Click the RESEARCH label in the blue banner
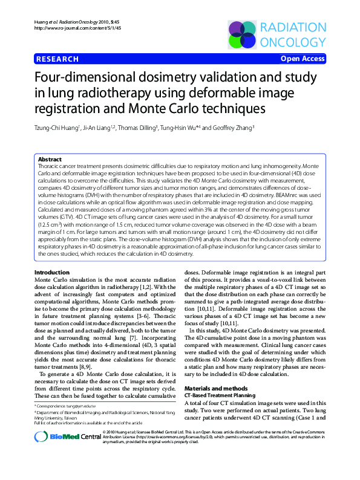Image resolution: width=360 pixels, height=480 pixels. click(x=57, y=59)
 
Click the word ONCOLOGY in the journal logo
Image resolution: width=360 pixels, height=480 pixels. click(x=293, y=42)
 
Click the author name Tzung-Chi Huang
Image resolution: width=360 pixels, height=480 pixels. click(x=58, y=128)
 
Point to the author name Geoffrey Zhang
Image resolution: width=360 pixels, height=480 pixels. click(x=232, y=128)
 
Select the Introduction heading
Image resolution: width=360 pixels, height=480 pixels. click(x=53, y=273)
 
